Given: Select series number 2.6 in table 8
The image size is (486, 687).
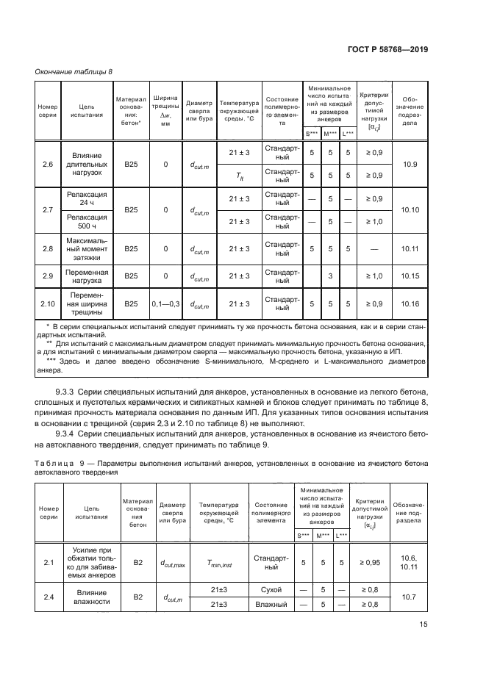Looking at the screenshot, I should [48, 164].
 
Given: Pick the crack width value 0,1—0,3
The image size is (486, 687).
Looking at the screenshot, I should [165, 303].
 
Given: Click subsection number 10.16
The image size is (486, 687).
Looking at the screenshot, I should [410, 303].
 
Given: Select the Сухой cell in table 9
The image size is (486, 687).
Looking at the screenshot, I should [271, 590].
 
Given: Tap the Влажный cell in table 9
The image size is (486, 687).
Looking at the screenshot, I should [271, 604].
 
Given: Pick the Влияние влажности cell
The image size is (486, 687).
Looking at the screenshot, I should [91, 597].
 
